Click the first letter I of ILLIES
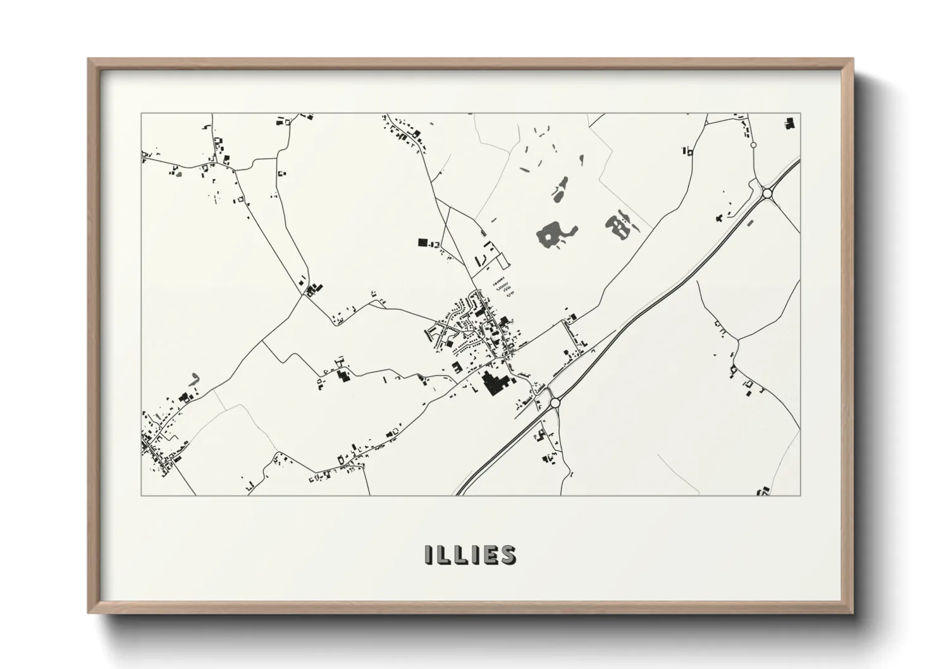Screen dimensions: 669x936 (x=429, y=555)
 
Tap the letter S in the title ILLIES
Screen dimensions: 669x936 (x=507, y=555)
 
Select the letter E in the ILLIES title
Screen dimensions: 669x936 (x=487, y=555)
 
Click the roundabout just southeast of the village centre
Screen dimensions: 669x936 (x=555, y=402)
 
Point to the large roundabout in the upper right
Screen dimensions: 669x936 (x=768, y=193)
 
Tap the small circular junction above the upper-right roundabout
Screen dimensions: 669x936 (x=753, y=145)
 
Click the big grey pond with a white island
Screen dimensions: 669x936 (x=555, y=233)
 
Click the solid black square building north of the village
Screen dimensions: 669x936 (x=422, y=242)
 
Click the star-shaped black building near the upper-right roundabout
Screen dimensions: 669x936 (x=720, y=219)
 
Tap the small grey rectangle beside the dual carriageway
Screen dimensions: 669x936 (x=751, y=223)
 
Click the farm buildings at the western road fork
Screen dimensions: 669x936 (x=311, y=290)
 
